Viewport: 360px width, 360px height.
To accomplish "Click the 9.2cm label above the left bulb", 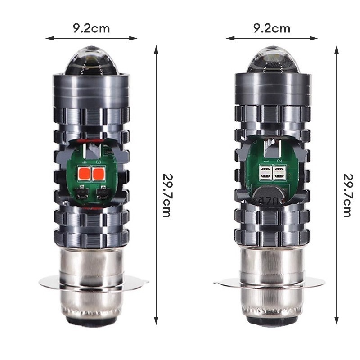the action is (x=91, y=28).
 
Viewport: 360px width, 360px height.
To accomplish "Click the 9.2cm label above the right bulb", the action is (x=272, y=28).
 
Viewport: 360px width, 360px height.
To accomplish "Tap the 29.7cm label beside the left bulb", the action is (x=167, y=195).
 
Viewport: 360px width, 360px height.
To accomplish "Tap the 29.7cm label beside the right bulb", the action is (x=347, y=195).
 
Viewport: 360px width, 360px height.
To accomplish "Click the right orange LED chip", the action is (x=99, y=174).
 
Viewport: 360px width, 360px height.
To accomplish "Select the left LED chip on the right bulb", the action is (x=265, y=172).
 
